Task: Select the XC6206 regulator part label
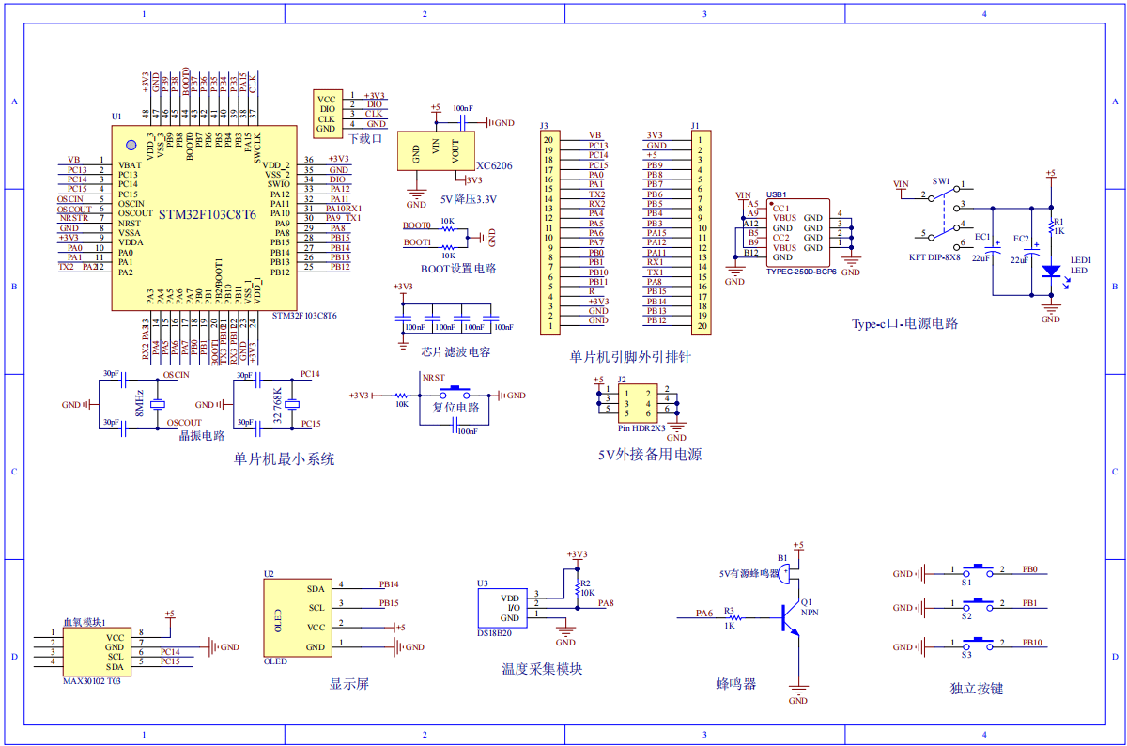click(x=494, y=164)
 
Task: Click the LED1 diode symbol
click(x=1051, y=271)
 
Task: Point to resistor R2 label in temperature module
click(x=586, y=583)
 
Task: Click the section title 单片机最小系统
click(x=284, y=459)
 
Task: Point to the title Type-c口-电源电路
click(x=904, y=323)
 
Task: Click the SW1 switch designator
click(x=941, y=180)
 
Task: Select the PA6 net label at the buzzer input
click(x=703, y=613)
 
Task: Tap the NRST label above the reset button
click(x=433, y=378)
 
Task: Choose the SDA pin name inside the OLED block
click(x=316, y=588)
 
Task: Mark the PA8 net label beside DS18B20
click(x=606, y=603)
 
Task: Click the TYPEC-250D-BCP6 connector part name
click(x=800, y=272)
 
